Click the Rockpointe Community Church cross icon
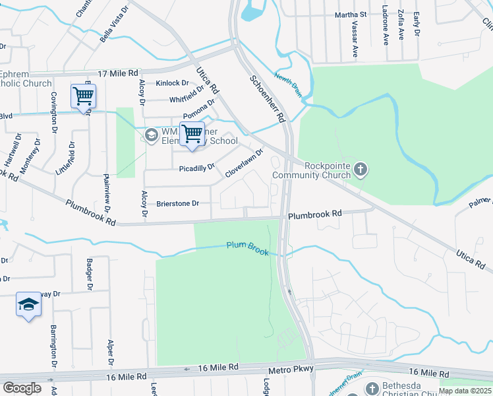point(360,170)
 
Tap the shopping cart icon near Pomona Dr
point(192,134)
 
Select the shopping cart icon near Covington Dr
point(84,96)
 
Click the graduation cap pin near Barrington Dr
point(28,304)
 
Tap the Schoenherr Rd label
point(267,98)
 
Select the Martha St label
point(350,14)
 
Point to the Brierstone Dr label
point(177,204)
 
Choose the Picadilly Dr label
point(197,168)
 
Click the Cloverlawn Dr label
point(244,162)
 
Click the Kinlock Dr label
point(172,83)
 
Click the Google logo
point(22,388)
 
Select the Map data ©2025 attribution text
point(465,391)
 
